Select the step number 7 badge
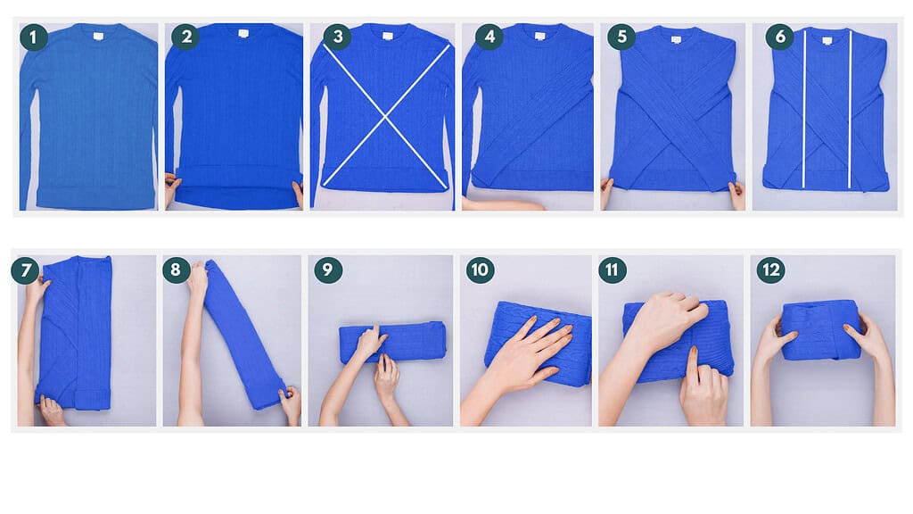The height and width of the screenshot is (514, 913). point(26,270)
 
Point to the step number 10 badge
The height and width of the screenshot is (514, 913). point(481,270)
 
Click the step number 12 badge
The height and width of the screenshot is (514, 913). point(770,270)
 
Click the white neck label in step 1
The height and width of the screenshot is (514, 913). point(95,36)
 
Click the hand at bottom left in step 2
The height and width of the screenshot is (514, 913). point(171,190)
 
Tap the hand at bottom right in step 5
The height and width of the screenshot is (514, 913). point(736,194)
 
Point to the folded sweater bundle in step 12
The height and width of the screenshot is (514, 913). point(821,328)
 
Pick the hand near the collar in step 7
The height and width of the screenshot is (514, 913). point(38,287)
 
